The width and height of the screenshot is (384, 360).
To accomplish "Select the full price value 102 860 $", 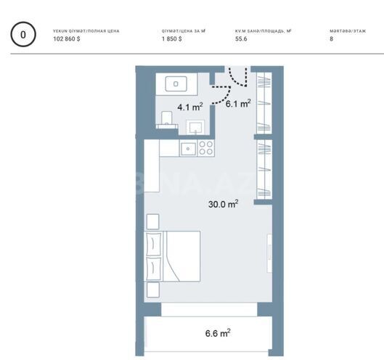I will pos(68,39).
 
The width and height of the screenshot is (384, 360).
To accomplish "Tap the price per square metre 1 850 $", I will pos(171,39).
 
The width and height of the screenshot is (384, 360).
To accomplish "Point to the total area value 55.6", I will pos(242,39).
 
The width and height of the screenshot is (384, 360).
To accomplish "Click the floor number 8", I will pos(331,39).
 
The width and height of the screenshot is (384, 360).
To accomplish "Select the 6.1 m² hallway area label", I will pos(237,104).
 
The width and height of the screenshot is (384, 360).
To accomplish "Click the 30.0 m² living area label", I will pos(223,205).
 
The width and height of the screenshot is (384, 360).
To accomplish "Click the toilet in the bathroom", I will pos(168,118).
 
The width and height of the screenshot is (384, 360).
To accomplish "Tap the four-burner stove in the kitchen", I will pos(206,148).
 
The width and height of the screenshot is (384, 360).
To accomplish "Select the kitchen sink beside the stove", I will pos(187,148).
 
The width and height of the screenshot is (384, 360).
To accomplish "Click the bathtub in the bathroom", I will pos(176,83).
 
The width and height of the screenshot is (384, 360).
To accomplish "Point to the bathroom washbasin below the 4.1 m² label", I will pos(196,126).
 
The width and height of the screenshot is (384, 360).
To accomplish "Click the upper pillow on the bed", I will pos(154,245).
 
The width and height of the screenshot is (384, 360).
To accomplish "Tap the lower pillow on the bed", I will pos(154,269).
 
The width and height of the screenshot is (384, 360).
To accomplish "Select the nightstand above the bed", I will pos(152,221).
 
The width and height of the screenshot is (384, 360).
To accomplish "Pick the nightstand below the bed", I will pos(152,290).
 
